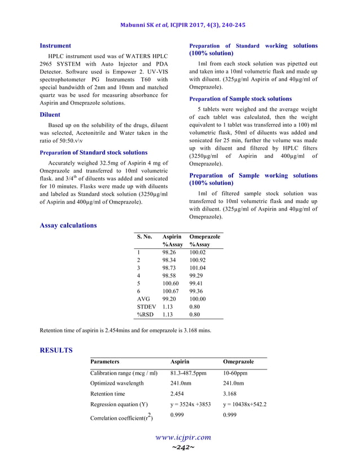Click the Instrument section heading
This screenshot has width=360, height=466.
coord(55,46)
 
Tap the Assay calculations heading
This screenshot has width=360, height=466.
coord(68,226)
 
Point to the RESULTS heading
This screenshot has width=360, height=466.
coord(56,350)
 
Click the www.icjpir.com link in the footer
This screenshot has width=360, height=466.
coord(183,437)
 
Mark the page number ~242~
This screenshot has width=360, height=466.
coord(183,447)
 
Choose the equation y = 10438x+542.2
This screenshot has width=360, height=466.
coord(245,405)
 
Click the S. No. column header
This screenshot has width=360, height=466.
coord(144,237)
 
